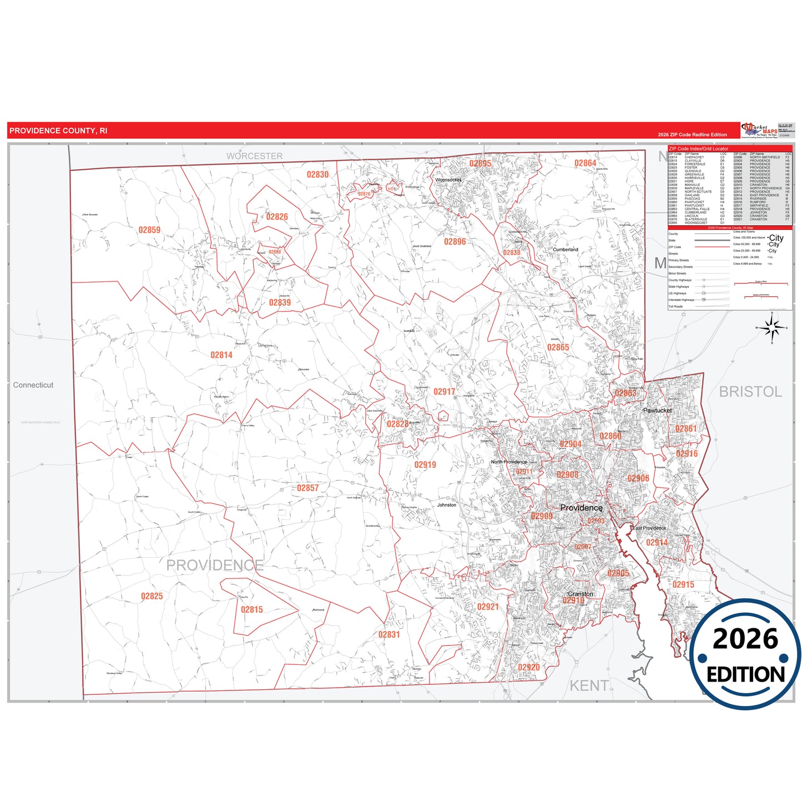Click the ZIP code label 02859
coord(149,230)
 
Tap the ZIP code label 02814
coord(221,355)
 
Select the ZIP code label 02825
coord(152,596)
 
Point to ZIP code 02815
coord(251,609)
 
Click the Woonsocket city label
coord(448,180)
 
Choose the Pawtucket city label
coord(657,410)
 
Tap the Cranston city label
coord(580,594)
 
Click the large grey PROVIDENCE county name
coord(215,565)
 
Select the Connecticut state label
coord(33,385)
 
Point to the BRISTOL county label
coord(750,392)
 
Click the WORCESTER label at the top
coord(254,156)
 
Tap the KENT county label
coord(588,686)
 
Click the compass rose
coord(771,328)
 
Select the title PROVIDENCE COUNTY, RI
coord(58,131)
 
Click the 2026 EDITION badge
coord(745,655)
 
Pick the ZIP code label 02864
coord(585,163)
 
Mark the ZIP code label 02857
coord(307,488)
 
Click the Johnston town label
coord(446,505)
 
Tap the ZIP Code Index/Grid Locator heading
coord(698,149)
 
